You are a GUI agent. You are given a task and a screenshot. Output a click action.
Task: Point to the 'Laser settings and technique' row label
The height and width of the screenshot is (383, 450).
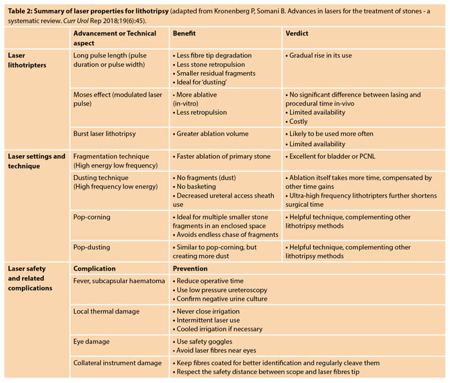pyautogui.click(x=36, y=161)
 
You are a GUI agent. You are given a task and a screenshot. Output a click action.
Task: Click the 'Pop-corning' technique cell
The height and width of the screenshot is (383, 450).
pyautogui.click(x=92, y=218)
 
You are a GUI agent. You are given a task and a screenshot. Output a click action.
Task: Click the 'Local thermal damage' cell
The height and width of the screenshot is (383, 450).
pyautogui.click(x=106, y=311)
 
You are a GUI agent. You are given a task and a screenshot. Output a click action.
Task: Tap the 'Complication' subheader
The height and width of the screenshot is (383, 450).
pyautogui.click(x=94, y=268)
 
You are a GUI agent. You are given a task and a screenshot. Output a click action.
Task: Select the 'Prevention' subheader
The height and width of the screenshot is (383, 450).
pyautogui.click(x=190, y=268)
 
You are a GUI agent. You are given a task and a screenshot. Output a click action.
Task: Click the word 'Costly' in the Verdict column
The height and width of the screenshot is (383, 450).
pyautogui.click(x=298, y=121)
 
